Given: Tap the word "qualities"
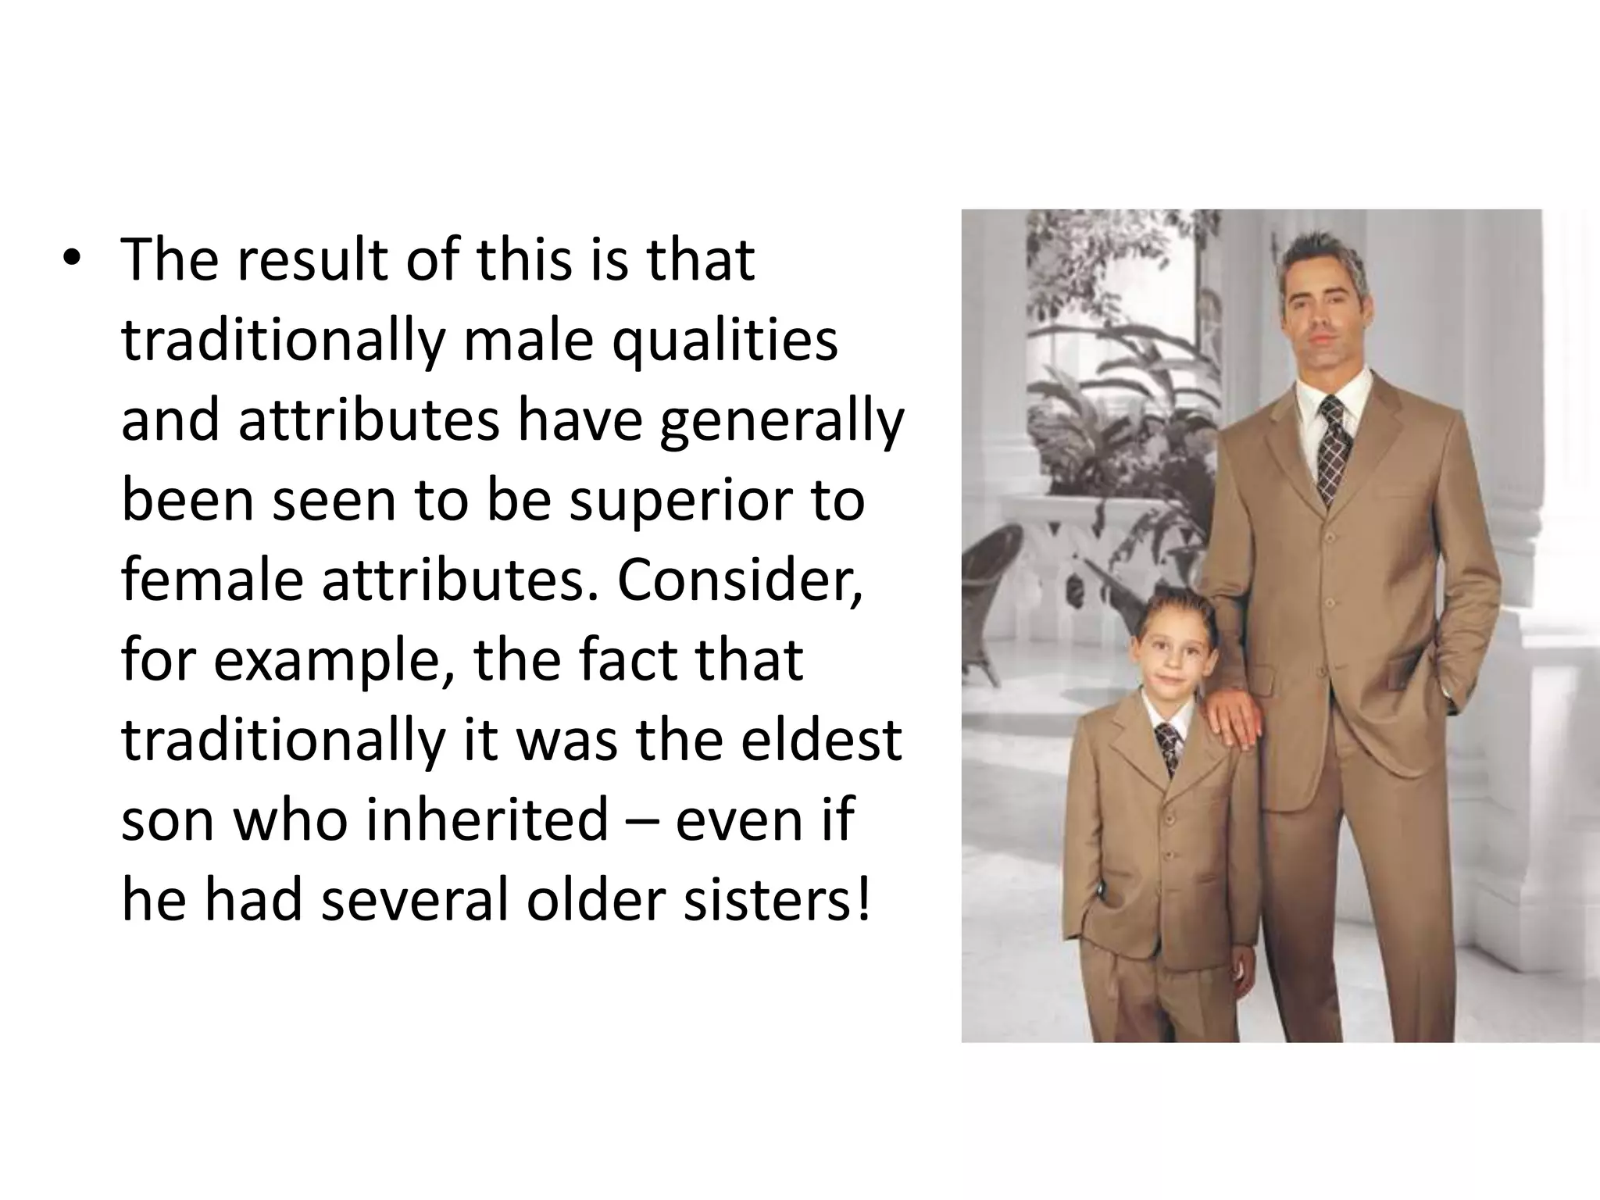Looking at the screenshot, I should pyautogui.click(x=724, y=341).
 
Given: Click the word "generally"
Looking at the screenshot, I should pyautogui.click(x=782, y=422).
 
